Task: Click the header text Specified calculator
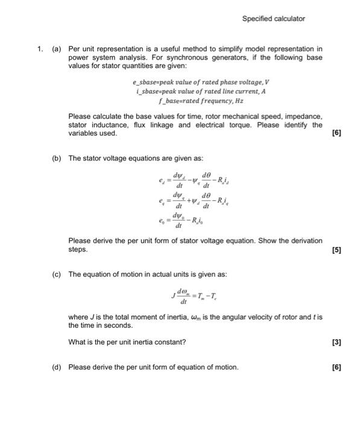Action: (273, 19)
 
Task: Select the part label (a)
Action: (57, 49)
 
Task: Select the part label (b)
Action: (57, 158)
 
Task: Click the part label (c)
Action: (57, 274)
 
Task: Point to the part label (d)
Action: (57, 367)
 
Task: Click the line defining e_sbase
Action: (195, 81)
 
